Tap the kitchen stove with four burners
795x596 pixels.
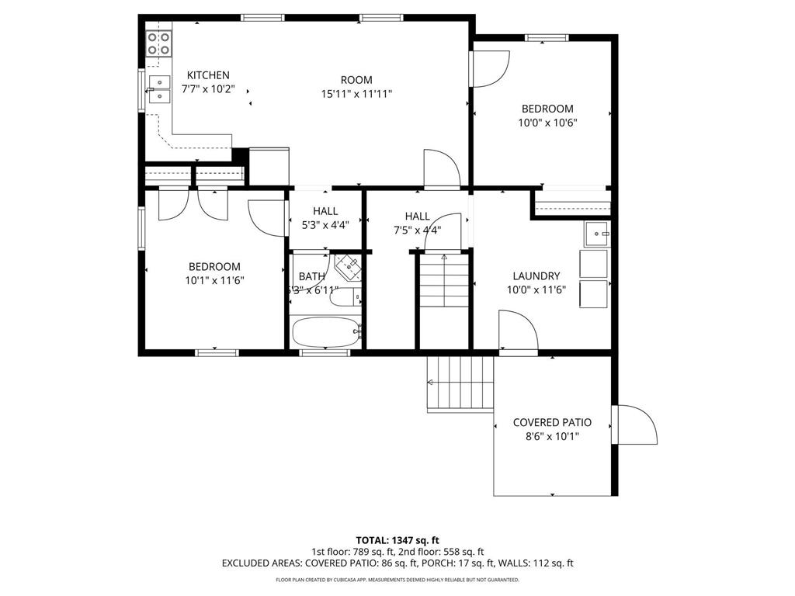tap(159, 43)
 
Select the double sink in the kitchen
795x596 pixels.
tap(159, 89)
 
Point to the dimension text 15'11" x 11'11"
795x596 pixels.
tap(356, 94)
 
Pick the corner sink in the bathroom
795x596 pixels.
tap(349, 266)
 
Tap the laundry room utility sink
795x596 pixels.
tap(597, 233)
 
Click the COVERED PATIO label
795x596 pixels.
tap(552, 423)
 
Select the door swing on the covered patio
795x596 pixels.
tap(636, 424)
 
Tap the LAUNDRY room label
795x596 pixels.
tap(536, 276)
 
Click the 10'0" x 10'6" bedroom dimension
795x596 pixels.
tap(547, 123)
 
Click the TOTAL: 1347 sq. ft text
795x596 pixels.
tap(397, 540)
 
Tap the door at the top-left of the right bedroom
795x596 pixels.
tap(491, 70)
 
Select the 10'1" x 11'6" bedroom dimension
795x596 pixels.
tap(214, 280)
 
